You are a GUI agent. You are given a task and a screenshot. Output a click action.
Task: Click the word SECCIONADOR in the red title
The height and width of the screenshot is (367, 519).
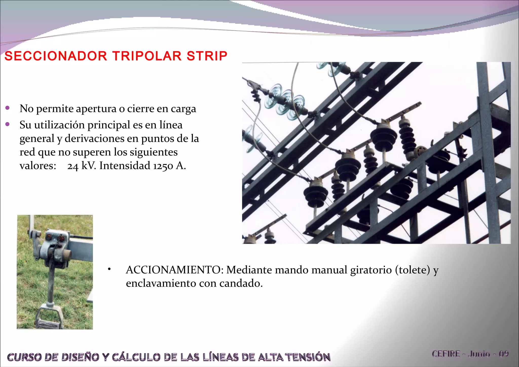point(56,56)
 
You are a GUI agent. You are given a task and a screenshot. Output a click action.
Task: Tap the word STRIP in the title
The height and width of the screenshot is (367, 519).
point(207,56)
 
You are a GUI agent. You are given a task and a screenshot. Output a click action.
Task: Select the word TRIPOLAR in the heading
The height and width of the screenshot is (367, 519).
point(147,56)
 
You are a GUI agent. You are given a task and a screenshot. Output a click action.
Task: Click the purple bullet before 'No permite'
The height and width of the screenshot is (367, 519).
point(8,108)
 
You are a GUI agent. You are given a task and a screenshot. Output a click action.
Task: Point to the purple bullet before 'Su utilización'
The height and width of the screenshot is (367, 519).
point(8,124)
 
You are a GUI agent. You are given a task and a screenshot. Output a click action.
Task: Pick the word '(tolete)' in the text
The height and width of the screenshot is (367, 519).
point(413,270)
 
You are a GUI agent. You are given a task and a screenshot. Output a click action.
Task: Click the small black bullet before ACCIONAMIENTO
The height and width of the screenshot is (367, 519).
point(109,269)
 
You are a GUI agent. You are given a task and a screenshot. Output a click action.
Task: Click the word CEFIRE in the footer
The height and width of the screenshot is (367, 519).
point(446,354)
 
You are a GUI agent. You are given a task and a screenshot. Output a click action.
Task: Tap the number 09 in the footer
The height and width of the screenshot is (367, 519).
point(504,354)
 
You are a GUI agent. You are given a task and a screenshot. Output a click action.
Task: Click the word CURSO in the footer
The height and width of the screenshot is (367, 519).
point(24,357)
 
